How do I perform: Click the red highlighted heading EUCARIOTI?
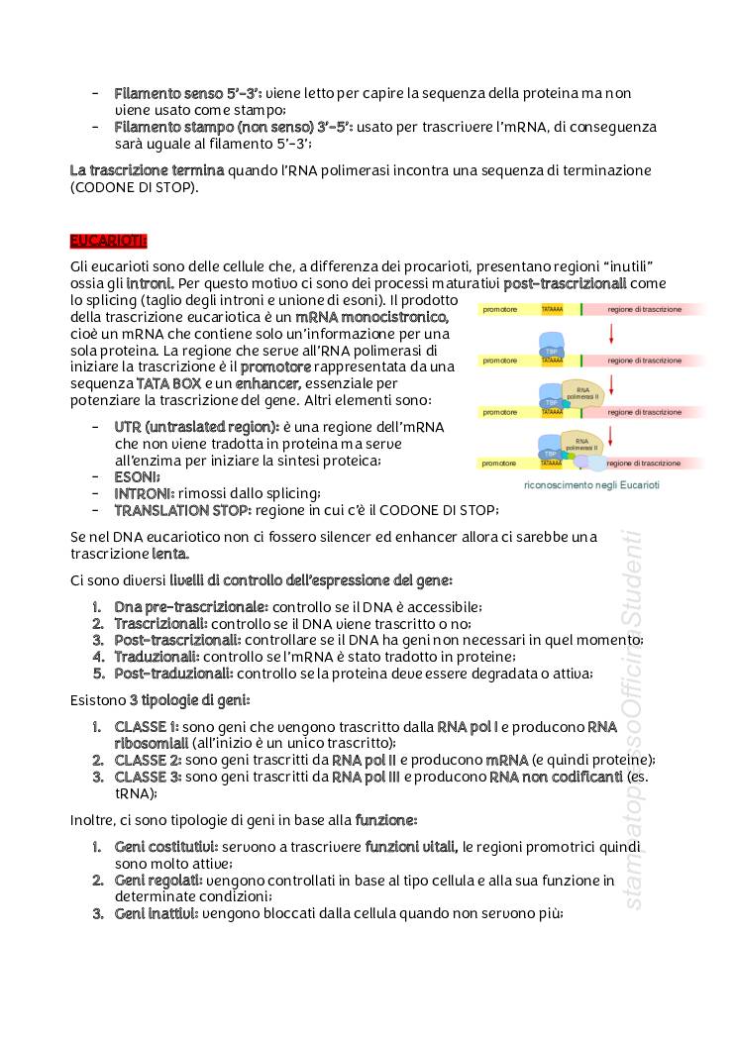point(109,241)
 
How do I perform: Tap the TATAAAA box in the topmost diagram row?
point(553,310)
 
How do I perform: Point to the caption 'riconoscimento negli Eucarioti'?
point(591,485)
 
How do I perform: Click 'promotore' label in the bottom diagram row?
point(500,463)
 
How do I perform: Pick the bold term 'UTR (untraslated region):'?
point(196,427)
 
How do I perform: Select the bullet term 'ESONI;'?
point(138,476)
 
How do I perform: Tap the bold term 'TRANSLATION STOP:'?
point(182,510)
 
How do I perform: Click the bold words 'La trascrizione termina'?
point(147,170)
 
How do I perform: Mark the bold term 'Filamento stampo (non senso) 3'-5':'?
point(233,127)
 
